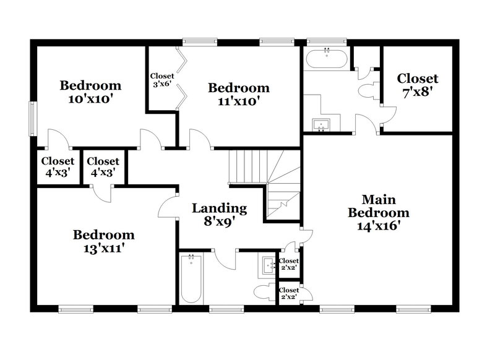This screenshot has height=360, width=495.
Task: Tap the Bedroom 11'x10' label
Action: (238, 94)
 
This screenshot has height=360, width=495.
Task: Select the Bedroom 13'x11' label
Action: (104, 241)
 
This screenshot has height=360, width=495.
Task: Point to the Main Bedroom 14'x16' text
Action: (378, 212)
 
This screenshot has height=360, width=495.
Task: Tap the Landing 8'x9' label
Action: (219, 215)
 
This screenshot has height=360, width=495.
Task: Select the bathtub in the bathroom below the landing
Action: (191, 279)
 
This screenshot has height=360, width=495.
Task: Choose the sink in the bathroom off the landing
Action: (269, 266)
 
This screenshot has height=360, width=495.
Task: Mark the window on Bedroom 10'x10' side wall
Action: (31, 116)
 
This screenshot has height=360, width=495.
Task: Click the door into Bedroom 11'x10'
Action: (200, 140)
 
